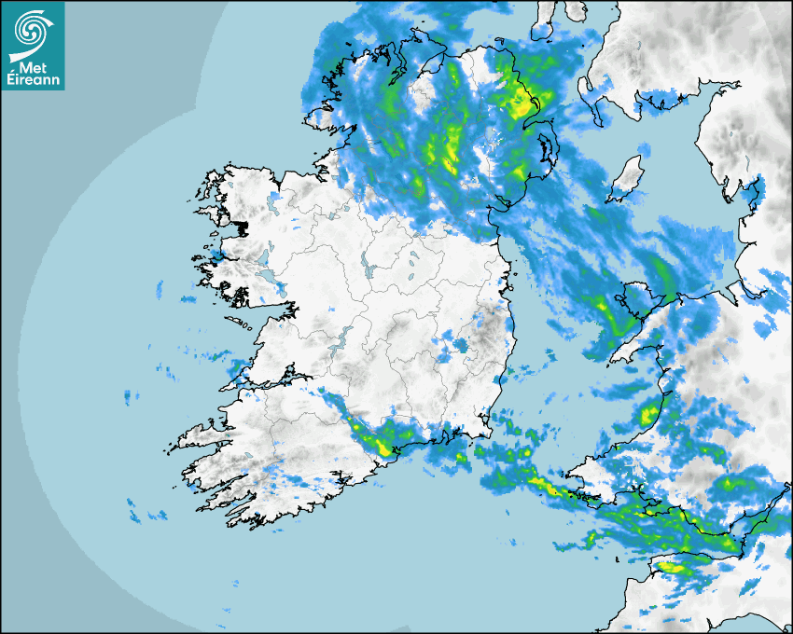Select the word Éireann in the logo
click(x=33, y=78)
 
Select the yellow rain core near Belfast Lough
click(x=519, y=103)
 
